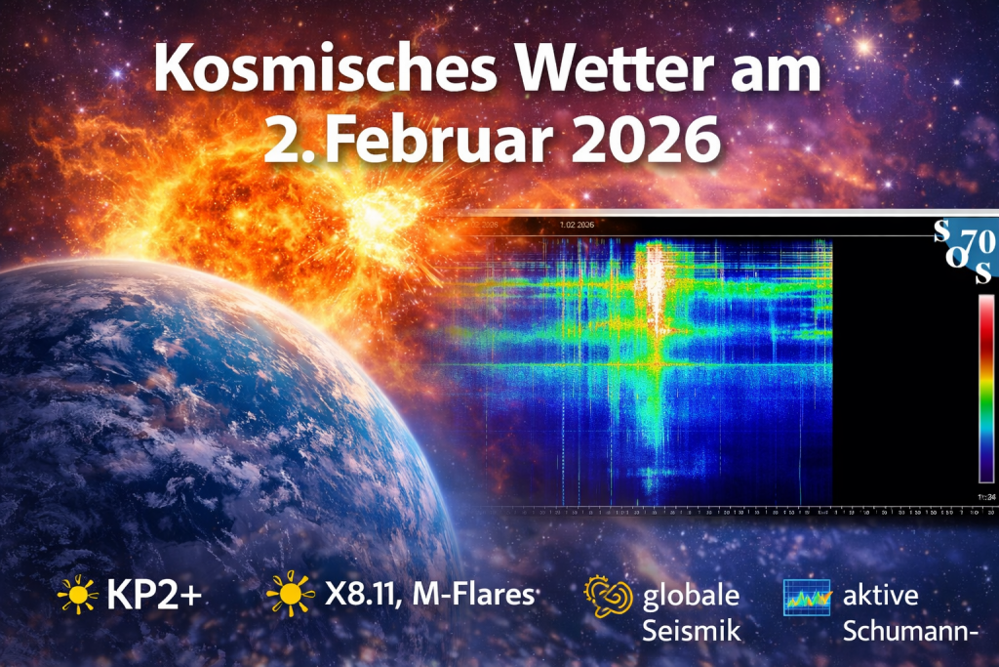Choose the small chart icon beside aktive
tap(806, 597)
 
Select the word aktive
tap(885, 595)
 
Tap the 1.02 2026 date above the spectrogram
tap(577, 224)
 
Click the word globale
tap(691, 595)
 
